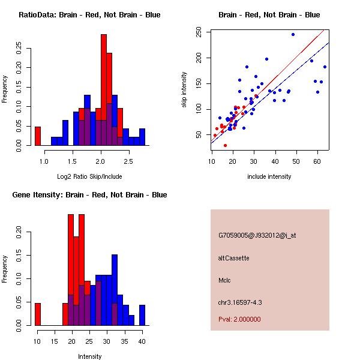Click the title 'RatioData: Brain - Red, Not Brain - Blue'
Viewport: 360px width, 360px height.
point(89,15)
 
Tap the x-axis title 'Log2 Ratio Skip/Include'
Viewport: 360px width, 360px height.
point(89,177)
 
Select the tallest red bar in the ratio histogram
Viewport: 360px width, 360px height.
point(104,90)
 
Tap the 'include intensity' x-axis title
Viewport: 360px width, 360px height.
point(269,176)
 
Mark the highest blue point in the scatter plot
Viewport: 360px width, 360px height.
point(293,34)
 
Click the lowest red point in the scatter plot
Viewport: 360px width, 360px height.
point(226,145)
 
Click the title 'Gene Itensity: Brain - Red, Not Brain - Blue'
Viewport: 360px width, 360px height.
point(89,195)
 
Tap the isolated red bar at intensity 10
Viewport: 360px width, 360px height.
point(38,314)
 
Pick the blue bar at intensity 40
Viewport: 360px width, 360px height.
point(143,314)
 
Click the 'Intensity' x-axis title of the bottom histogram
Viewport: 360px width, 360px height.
point(89,356)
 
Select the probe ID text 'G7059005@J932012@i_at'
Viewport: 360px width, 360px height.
point(257,235)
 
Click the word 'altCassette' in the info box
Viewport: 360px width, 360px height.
point(233,258)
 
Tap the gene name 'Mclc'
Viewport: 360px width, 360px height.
point(225,280)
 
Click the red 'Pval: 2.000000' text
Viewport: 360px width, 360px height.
point(239,319)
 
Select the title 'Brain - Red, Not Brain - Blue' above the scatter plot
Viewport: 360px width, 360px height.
point(269,15)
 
